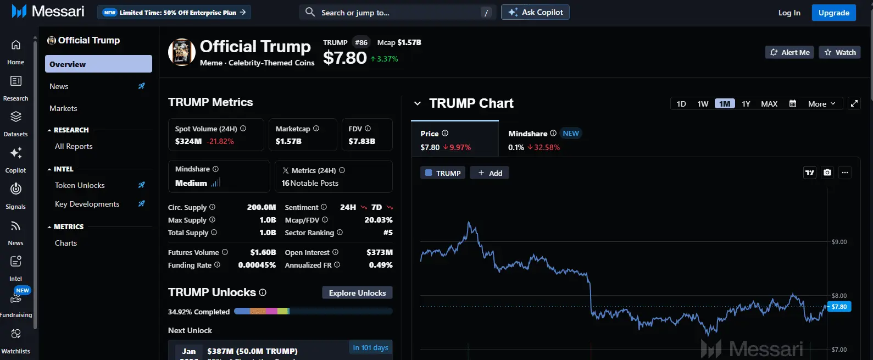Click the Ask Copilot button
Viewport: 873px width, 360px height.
tap(535, 12)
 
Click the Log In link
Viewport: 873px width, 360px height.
tap(789, 13)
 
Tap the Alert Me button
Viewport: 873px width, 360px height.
tap(789, 52)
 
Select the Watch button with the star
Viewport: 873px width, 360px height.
tap(840, 52)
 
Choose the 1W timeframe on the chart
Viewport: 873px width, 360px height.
tap(703, 104)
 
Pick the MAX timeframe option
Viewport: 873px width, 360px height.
tap(769, 104)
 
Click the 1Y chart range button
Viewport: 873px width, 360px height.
tap(746, 104)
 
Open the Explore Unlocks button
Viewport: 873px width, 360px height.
tap(357, 293)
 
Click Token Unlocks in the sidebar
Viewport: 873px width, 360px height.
tap(80, 185)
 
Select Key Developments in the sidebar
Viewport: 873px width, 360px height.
tap(87, 204)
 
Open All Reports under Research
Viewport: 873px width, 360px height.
tap(74, 146)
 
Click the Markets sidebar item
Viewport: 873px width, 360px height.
tap(63, 108)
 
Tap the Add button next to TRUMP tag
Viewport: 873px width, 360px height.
tap(490, 173)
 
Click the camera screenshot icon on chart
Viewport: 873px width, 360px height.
tap(827, 173)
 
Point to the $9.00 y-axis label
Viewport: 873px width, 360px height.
tap(839, 242)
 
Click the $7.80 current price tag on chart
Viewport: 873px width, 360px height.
tap(839, 307)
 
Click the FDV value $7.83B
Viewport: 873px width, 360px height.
tap(362, 141)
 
